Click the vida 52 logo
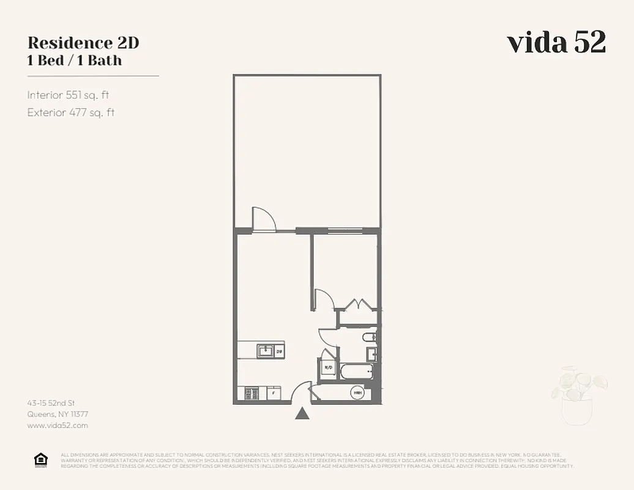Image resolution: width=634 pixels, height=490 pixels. pos(556,42)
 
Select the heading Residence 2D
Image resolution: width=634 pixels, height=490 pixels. pos(83,43)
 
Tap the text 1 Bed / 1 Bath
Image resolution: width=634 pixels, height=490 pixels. pos(75,60)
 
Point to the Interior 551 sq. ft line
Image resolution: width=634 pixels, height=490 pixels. pos(68,95)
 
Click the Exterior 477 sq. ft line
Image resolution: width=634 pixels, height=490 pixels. pos(71,112)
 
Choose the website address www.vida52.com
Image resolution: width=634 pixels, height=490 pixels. pos(58,425)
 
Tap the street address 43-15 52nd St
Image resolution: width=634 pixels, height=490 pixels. pos(51,403)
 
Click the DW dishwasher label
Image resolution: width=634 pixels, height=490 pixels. pos(278,351)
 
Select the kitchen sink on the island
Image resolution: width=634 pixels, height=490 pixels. pos(266,351)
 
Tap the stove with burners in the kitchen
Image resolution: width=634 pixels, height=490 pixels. pos(250,393)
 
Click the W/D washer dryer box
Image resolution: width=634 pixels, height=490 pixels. pos(327,368)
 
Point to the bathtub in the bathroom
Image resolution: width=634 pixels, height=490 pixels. pos(357,371)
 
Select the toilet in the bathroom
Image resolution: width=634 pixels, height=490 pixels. pos(368,337)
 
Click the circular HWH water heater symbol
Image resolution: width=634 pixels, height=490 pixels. pos(357,393)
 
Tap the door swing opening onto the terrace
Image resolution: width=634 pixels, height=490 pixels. pos(263,219)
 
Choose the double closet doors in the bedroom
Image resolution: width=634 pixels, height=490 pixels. pos(356,304)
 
